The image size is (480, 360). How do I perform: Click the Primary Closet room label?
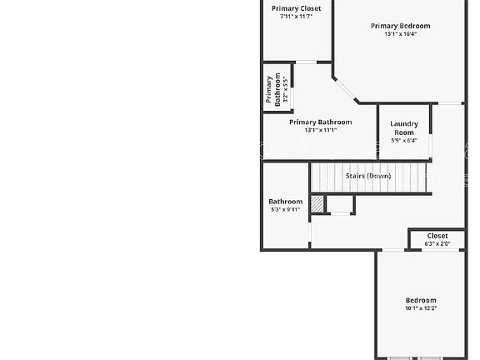[x=297, y=8]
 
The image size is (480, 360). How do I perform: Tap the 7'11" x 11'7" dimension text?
[x=297, y=17]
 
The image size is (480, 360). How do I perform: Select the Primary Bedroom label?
[x=400, y=26]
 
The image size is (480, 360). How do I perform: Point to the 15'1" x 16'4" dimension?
[x=400, y=34]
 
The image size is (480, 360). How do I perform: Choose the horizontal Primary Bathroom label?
[x=320, y=122]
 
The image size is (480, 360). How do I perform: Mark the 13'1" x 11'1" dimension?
[x=320, y=130]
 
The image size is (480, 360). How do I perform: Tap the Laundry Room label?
[x=404, y=127]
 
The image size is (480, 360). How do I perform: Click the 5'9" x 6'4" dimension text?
[x=404, y=140]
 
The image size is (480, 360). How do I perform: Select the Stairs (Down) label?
[x=367, y=176]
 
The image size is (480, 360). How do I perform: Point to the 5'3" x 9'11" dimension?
[x=285, y=210]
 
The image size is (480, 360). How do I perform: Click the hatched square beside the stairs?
[x=317, y=203]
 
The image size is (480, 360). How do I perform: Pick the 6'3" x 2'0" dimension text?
[x=437, y=244]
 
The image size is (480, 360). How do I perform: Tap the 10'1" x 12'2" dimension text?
[x=421, y=308]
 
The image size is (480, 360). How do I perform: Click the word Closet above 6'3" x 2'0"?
[x=437, y=236]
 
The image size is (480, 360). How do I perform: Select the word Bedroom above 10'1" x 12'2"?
[x=421, y=300]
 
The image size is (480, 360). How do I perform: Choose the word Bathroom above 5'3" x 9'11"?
[x=285, y=202]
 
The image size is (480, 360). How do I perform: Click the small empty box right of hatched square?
[x=340, y=204]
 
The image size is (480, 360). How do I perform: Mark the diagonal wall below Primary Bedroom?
[x=345, y=91]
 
